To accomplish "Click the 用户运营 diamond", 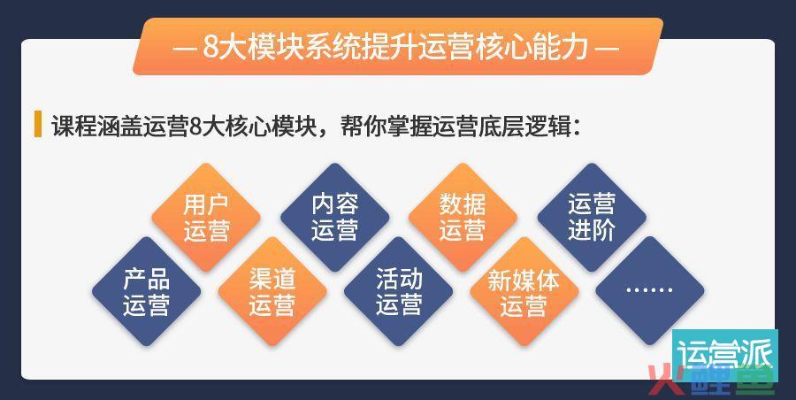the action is click(206, 217).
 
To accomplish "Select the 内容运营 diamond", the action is click(335, 217).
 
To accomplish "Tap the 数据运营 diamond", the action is click(463, 217).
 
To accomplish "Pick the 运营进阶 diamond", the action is click(592, 217).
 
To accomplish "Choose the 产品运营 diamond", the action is click(146, 291).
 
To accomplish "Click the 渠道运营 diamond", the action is click(272, 291).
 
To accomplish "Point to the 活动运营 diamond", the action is click(399, 291).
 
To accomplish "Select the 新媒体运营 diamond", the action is click(524, 291).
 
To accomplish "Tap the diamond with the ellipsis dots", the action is click(650, 290).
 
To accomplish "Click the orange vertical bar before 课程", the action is click(37, 124).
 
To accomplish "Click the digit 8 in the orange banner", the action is click(211, 47).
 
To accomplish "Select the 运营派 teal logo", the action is click(725, 355).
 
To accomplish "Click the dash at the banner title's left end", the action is click(185, 49).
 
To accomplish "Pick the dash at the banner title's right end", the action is click(607, 49).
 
